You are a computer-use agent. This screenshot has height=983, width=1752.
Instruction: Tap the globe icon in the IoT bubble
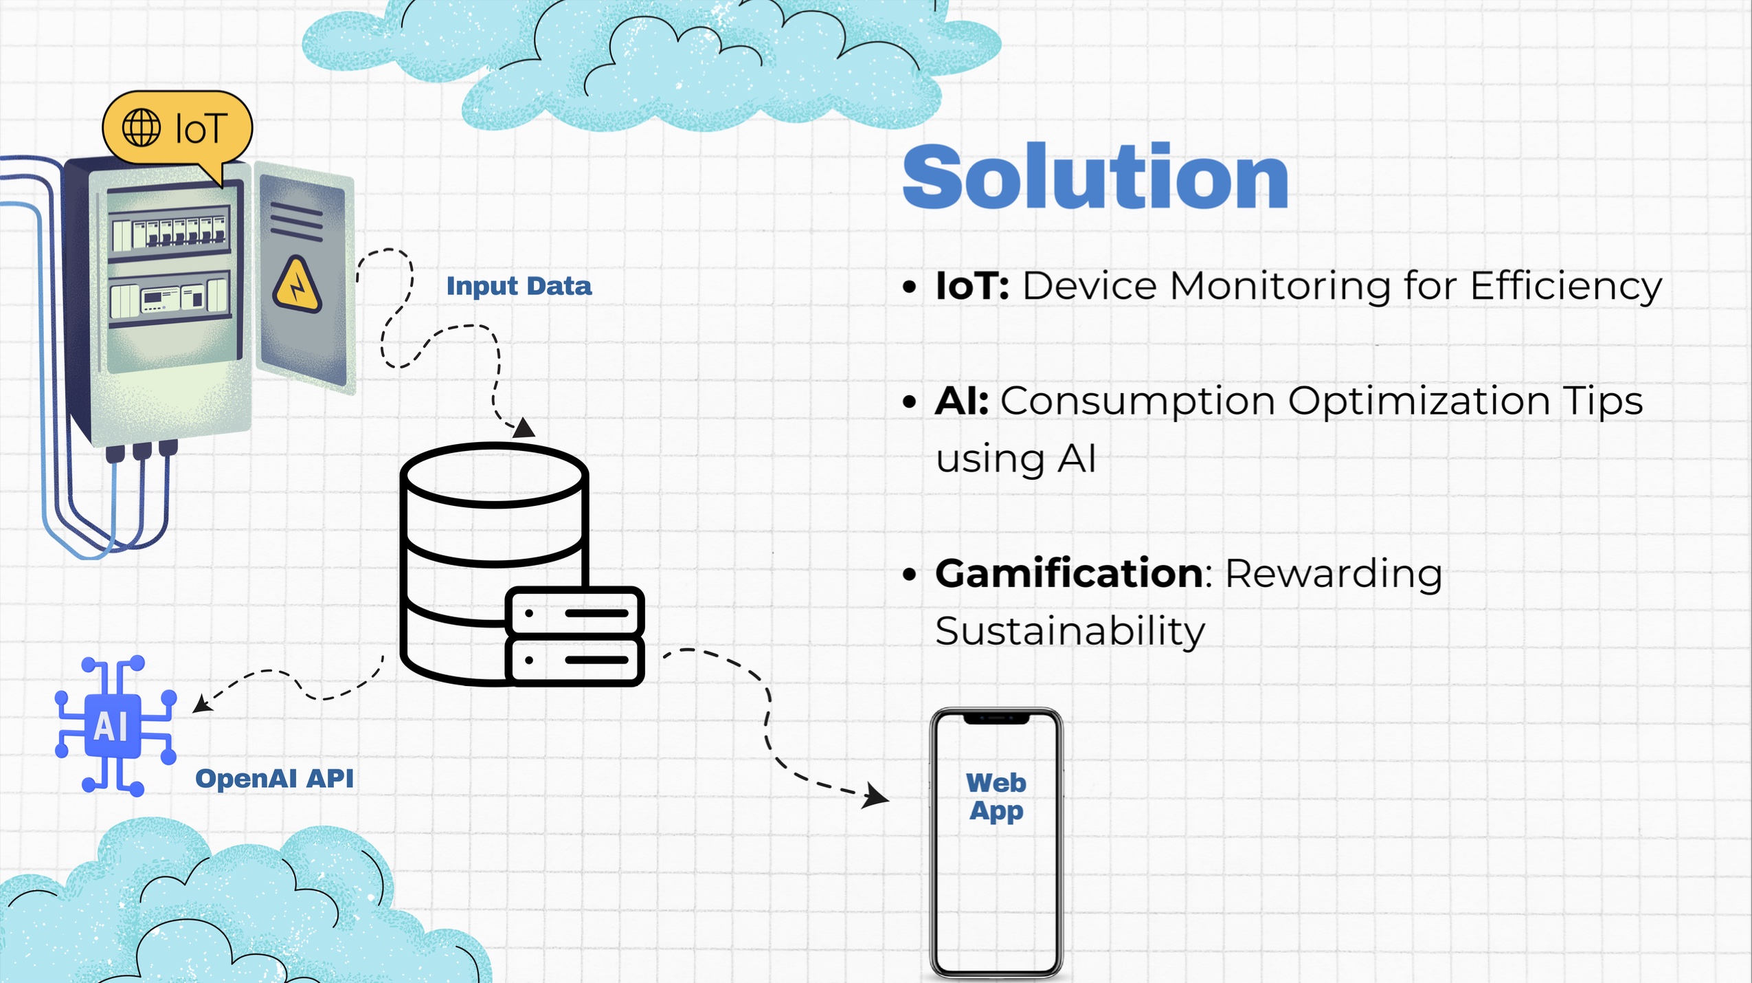pyautogui.click(x=142, y=128)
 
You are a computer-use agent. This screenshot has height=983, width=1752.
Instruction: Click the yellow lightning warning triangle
pyautogui.click(x=297, y=285)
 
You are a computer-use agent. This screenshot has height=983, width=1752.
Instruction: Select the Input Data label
pyautogui.click(x=519, y=286)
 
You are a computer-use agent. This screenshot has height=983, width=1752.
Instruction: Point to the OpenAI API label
pyautogui.click(x=274, y=778)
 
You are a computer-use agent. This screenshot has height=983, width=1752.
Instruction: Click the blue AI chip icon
pyautogui.click(x=115, y=726)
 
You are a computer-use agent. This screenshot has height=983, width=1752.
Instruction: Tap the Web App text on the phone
pyautogui.click(x=996, y=797)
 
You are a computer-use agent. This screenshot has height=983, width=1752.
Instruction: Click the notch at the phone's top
pyautogui.click(x=996, y=718)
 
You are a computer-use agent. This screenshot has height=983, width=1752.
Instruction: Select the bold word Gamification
pyautogui.click(x=1068, y=573)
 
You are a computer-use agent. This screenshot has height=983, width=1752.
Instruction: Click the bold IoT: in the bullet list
pyautogui.click(x=972, y=285)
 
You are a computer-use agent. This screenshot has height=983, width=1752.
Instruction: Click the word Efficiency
pyautogui.click(x=1566, y=287)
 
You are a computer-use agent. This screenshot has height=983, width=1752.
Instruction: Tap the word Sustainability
pyautogui.click(x=1070, y=631)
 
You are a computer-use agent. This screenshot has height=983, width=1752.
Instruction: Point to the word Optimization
pyautogui.click(x=1419, y=401)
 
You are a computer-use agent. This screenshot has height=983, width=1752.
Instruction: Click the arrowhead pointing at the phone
pyautogui.click(x=876, y=797)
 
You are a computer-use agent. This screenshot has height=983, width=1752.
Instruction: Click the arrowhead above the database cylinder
pyautogui.click(x=524, y=428)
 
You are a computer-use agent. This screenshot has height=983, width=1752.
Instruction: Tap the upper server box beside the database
pyautogui.click(x=574, y=611)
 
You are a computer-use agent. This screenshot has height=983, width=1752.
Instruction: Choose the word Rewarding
pyautogui.click(x=1333, y=574)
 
